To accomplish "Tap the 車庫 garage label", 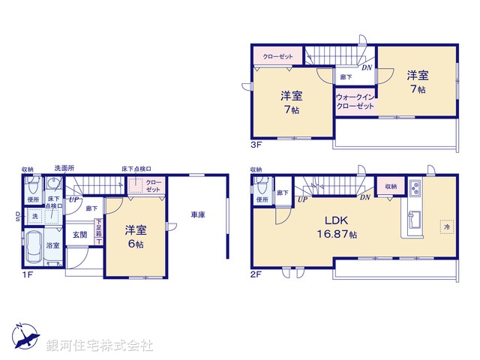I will (198, 215).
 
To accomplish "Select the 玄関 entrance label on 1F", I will (79, 234).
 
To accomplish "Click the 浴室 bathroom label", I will (54, 244).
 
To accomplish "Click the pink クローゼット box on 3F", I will (277, 55).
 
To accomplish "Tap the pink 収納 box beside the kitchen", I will (391, 186).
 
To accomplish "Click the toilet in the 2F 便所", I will (260, 187).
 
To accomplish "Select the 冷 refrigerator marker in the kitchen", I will (446, 226).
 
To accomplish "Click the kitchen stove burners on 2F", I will (416, 187).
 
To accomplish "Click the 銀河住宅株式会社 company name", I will (100, 345).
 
